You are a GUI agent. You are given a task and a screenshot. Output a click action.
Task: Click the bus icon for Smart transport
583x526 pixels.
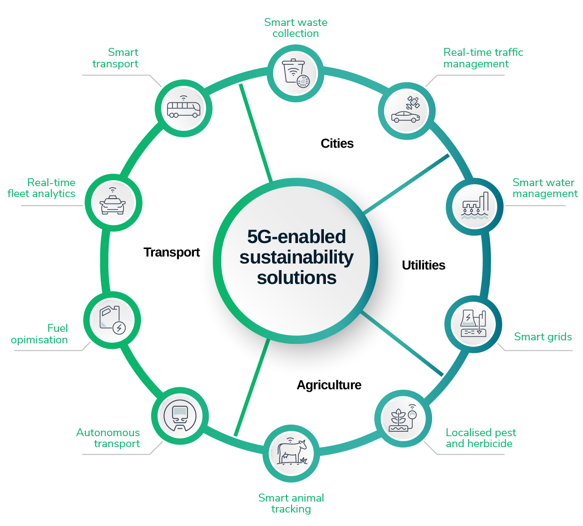click(x=183, y=108)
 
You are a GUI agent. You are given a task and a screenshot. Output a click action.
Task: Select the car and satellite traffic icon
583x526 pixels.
click(x=407, y=111)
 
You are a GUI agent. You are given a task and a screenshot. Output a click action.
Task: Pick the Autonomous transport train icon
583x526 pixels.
click(x=179, y=417)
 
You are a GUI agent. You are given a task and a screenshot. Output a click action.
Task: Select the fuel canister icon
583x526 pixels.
click(x=112, y=320)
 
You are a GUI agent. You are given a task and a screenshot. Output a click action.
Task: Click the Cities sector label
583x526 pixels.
click(x=337, y=144)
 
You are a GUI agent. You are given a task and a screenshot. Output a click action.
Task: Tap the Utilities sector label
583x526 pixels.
click(x=424, y=265)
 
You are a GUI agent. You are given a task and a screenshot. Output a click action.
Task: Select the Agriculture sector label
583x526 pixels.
click(x=329, y=385)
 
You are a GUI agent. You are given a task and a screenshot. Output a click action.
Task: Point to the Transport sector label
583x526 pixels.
click(x=171, y=253)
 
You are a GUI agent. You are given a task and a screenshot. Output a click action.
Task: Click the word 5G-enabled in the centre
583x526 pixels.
click(x=296, y=237)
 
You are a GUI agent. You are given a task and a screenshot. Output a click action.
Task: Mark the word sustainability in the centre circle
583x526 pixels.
click(x=296, y=258)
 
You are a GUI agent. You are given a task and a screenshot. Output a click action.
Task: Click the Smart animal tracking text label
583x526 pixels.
click(x=291, y=503)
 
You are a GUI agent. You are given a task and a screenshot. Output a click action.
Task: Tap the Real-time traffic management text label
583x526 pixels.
click(x=483, y=58)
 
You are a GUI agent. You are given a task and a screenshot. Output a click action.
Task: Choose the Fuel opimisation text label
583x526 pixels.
click(x=40, y=334)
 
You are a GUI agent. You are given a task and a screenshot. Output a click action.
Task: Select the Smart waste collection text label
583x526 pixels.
click(x=295, y=28)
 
